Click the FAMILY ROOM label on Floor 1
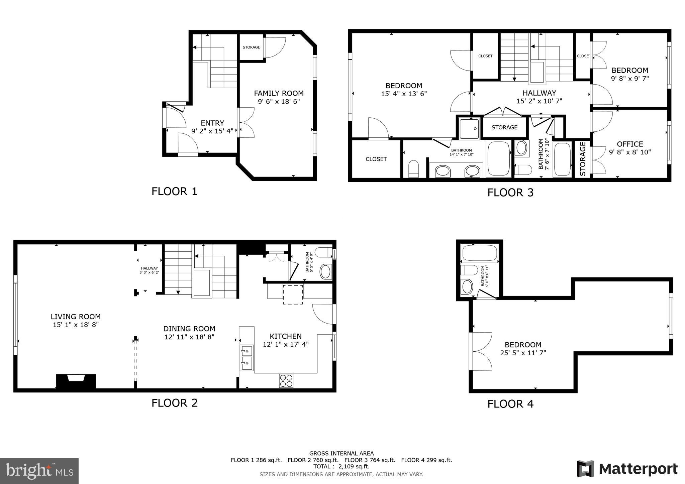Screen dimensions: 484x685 point(279,93)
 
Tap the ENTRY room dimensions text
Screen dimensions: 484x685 point(212,131)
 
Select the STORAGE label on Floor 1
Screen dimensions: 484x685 point(251,47)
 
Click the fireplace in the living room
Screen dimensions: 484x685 point(76,381)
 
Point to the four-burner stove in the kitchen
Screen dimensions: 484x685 point(286,381)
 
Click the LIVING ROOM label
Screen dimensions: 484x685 point(76,317)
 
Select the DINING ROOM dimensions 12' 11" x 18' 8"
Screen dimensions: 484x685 point(189,337)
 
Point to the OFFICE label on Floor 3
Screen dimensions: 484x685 point(630,144)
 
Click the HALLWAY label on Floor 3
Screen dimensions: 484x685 point(539,93)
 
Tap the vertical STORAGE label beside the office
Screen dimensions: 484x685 point(583,159)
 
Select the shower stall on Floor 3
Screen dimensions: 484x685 point(469,129)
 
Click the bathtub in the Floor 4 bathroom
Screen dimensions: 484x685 point(479,253)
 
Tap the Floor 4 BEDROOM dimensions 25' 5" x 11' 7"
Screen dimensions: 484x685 point(523,353)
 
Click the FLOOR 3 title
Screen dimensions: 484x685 point(510,193)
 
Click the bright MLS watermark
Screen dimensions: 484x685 point(39,471)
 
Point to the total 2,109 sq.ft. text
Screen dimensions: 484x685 point(341,467)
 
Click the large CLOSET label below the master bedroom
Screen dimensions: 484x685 point(376,159)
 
